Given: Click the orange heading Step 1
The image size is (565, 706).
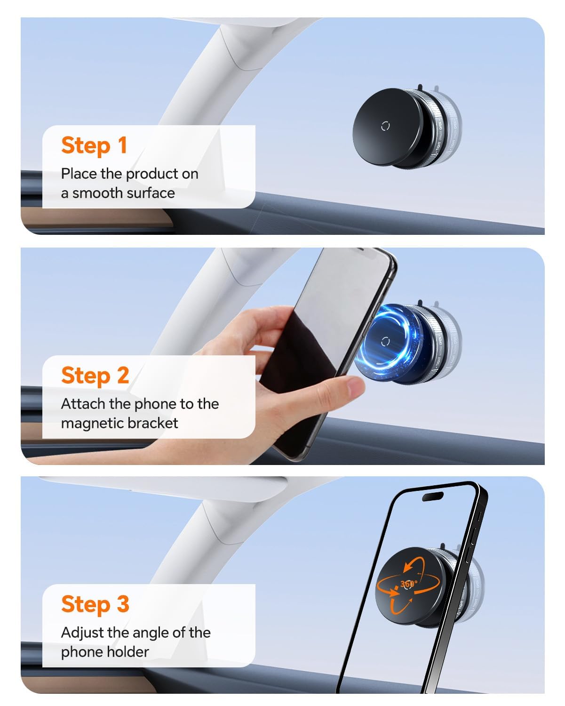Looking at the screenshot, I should pyautogui.click(x=94, y=145).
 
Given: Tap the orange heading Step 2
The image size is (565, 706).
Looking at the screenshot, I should pyautogui.click(x=95, y=375).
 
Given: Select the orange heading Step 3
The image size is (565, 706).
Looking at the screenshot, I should pyautogui.click(x=95, y=604).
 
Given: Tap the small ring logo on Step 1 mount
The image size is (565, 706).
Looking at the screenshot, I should pyautogui.click(x=385, y=126).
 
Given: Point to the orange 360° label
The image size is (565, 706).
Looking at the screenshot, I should pyautogui.click(x=408, y=584).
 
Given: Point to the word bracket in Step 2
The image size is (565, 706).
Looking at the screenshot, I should pyautogui.click(x=154, y=423).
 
